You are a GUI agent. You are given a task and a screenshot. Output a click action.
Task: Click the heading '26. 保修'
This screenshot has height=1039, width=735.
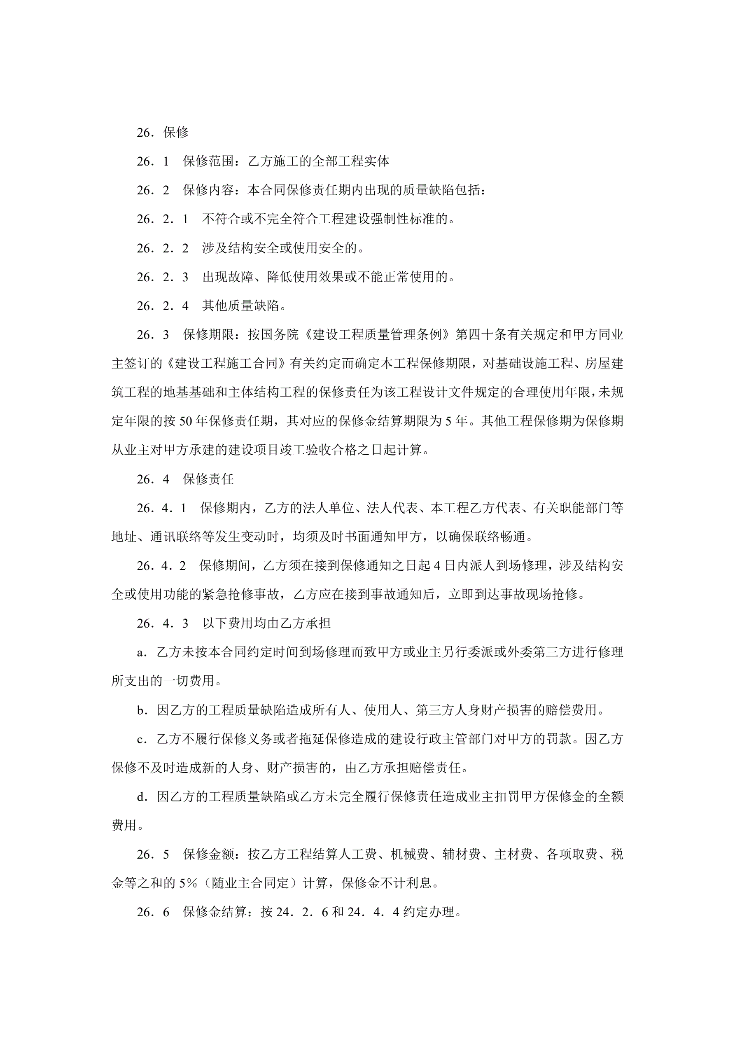(x=163, y=132)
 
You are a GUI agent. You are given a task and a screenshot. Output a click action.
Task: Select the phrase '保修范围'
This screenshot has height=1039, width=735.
(x=208, y=161)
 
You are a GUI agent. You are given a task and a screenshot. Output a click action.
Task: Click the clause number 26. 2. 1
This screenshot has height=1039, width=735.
(x=163, y=219)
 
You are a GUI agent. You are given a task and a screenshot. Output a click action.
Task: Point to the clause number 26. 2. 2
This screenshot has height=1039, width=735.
(x=163, y=248)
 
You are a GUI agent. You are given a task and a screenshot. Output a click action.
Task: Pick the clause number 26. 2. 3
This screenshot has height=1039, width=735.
(x=163, y=277)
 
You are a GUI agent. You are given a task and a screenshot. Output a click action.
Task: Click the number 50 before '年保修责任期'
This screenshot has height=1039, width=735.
(x=186, y=421)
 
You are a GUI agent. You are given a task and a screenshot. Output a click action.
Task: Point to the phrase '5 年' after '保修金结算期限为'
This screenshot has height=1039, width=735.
(x=456, y=421)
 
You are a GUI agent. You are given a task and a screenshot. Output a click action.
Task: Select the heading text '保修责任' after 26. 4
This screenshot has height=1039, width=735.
(x=208, y=479)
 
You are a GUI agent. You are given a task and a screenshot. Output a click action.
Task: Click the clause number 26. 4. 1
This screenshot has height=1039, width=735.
(x=161, y=508)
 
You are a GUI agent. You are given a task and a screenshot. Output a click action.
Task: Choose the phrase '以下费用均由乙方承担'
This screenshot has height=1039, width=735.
(x=266, y=623)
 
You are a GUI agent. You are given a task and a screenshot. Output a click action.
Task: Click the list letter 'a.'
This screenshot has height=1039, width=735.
(x=142, y=653)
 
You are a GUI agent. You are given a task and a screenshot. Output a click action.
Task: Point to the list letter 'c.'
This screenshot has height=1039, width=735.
(x=142, y=740)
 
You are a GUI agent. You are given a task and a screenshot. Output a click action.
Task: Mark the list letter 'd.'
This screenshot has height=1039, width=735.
(x=142, y=797)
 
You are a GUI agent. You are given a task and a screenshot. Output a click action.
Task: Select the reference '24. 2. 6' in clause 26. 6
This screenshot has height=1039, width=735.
(x=302, y=912)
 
